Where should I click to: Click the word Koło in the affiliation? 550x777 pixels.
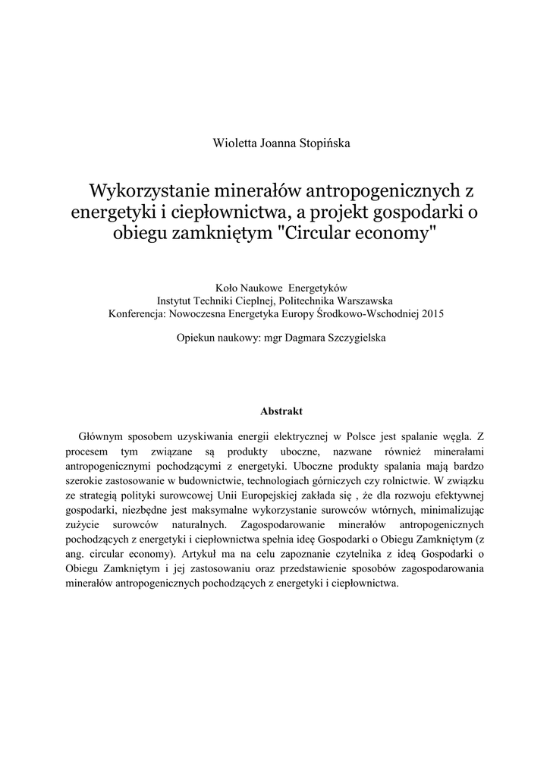[x=229, y=288]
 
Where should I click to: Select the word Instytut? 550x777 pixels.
[x=176, y=300]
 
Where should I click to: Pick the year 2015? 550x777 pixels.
[x=430, y=312]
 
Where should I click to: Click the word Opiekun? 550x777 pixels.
[x=196, y=339]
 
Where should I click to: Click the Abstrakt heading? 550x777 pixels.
[x=281, y=411]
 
